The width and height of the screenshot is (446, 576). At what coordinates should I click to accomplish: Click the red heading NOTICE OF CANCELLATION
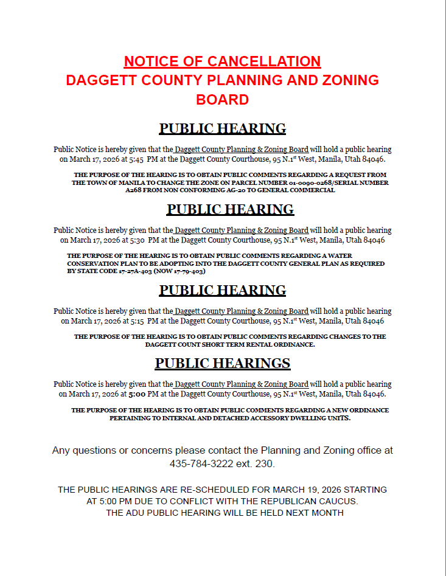222,61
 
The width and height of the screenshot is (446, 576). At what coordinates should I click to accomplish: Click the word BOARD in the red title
222,100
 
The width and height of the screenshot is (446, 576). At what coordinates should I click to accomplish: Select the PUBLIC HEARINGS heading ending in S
222,363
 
